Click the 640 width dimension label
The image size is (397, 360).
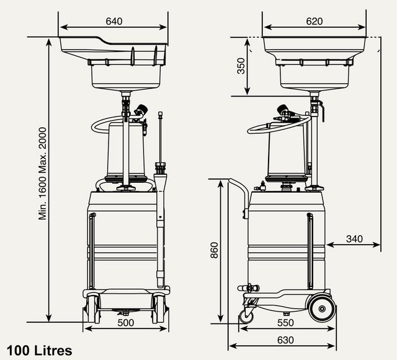[114, 21]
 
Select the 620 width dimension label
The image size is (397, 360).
[314, 21]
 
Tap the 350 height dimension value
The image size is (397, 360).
[241, 66]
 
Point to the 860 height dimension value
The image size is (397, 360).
[215, 250]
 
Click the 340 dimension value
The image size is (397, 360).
[354, 239]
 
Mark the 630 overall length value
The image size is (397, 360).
[285, 340]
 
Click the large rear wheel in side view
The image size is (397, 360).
[322, 306]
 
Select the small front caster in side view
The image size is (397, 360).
[247, 317]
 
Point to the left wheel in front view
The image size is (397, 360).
[92, 308]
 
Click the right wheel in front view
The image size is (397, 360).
[159, 308]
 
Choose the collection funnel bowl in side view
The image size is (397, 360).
[316, 62]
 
